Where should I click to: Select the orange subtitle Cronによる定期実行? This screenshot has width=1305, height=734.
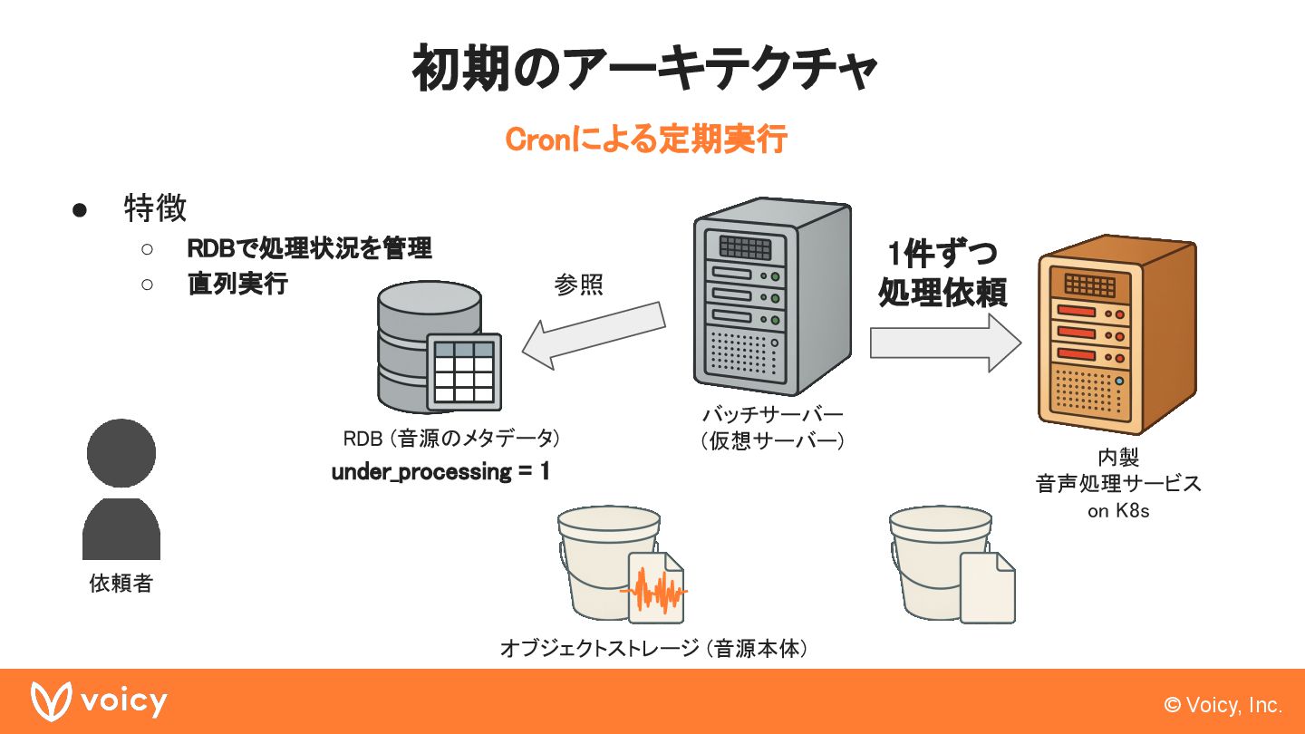coord(645,140)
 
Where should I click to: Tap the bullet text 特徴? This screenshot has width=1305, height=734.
coord(155,208)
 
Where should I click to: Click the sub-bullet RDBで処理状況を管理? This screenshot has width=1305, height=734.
coord(309,247)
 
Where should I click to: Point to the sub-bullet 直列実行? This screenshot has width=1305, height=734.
coord(237,284)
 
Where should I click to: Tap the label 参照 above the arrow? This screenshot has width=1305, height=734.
coord(579,285)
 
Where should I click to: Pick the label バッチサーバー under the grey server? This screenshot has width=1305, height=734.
coord(772,415)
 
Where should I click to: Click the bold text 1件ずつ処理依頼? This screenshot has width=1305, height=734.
coord(942,274)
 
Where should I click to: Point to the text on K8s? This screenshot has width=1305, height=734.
coord(1118,511)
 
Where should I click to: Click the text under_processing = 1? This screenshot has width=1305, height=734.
coord(440,472)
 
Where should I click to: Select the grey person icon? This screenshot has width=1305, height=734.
coord(121,489)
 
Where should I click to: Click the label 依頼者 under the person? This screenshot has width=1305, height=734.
coord(121,584)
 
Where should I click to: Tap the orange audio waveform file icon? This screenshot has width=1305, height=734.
coord(654,589)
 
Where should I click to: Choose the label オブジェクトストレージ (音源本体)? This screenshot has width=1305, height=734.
coord(653,649)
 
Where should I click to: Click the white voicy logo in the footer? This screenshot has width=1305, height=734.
coord(99,701)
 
